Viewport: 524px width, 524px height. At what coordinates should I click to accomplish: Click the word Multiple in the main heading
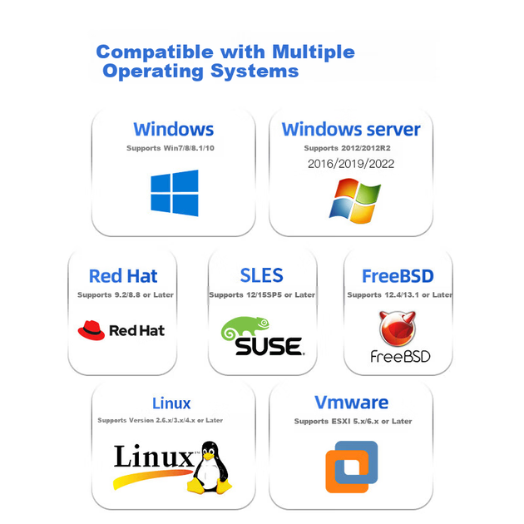pos(313,52)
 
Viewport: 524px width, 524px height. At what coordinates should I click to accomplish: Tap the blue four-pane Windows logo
pos(175,193)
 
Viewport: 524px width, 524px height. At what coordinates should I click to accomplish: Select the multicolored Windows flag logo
pos(355,200)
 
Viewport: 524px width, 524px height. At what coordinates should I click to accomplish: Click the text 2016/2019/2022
pos(351,164)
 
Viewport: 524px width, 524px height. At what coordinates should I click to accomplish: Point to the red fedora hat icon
pos(91,330)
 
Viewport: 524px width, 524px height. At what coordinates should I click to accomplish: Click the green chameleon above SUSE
pos(245,327)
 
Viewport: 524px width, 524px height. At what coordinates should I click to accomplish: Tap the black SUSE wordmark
pos(269,346)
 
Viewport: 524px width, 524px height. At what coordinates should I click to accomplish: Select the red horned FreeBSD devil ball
pos(398,329)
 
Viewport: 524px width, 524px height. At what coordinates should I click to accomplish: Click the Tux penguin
pos(210,467)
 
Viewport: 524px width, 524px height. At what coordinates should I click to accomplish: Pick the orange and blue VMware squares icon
pos(352,467)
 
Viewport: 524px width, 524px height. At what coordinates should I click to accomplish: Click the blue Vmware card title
pos(351,403)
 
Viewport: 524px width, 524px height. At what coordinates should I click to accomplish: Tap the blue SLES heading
pos(262,275)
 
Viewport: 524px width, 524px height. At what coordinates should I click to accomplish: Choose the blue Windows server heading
pos(351,129)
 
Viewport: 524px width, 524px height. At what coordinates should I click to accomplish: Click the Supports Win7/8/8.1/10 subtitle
pos(171,148)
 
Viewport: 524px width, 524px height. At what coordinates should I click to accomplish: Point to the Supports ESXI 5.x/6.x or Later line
pos(353,421)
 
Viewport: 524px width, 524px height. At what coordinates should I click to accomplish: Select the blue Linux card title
pos(171,403)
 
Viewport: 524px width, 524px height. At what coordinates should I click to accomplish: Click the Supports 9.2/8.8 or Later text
pos(126,294)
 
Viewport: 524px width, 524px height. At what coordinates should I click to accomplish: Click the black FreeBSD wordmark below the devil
pos(400,357)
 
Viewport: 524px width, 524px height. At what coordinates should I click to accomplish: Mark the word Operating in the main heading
pos(153,72)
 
